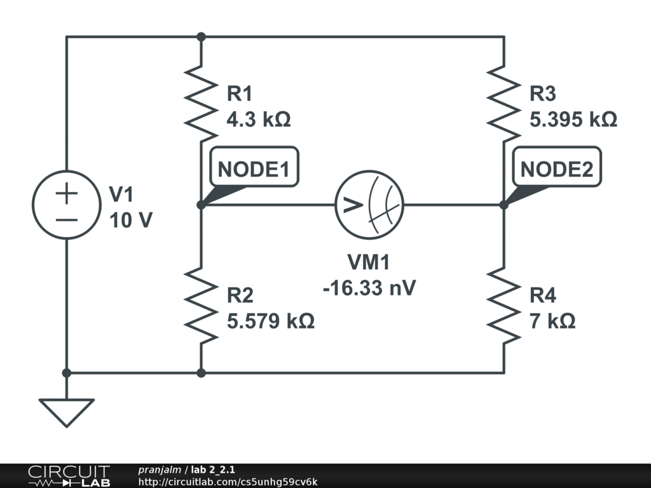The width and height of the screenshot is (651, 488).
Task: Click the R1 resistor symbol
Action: point(201,104)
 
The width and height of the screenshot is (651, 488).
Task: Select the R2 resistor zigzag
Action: point(201,305)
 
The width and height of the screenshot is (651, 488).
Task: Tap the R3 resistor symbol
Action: point(504,104)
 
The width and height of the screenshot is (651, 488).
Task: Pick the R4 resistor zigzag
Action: point(504,305)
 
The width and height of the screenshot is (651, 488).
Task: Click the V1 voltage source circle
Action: point(67,205)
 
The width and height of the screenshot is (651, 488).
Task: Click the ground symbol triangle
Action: point(67,410)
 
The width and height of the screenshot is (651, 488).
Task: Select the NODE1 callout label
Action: point(254,169)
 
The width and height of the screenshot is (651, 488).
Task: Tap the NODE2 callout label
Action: point(556,169)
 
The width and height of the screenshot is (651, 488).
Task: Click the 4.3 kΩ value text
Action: point(259,119)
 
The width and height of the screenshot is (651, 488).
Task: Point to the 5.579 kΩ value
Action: point(271,321)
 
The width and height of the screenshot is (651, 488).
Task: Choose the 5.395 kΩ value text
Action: point(573,119)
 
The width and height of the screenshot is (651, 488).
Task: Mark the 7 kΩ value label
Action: point(552,321)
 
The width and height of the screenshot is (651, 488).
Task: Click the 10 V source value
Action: point(131,220)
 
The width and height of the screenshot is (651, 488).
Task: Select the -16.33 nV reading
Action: point(369,287)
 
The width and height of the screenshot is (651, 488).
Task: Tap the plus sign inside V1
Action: point(67,193)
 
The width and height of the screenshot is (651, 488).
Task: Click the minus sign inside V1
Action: point(67,219)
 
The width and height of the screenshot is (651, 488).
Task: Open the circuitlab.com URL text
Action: point(228,482)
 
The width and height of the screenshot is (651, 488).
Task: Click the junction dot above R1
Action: point(201,37)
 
